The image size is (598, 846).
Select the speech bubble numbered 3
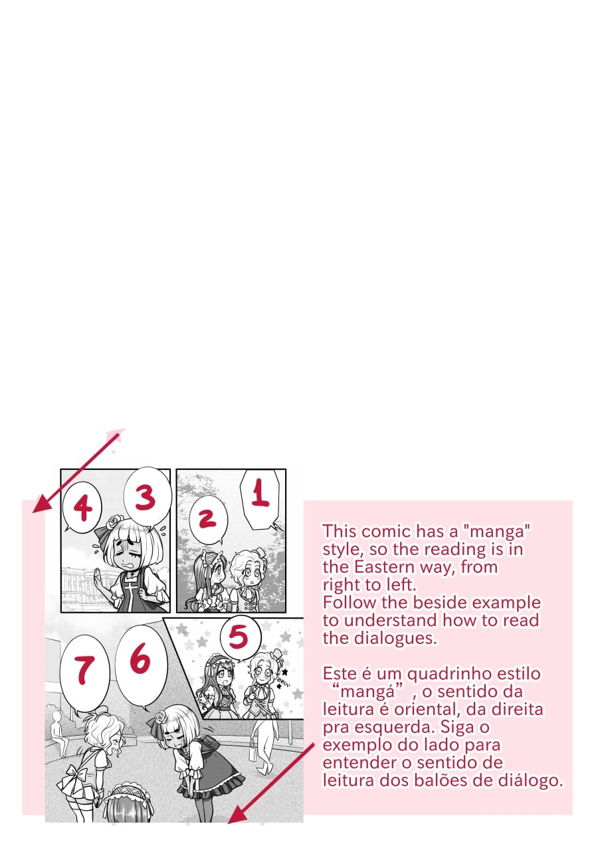[x=148, y=498]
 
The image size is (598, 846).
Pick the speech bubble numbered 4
[x=82, y=507]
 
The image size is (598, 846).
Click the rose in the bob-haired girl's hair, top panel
[x=112, y=522]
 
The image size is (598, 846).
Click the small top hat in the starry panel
[x=276, y=653]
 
